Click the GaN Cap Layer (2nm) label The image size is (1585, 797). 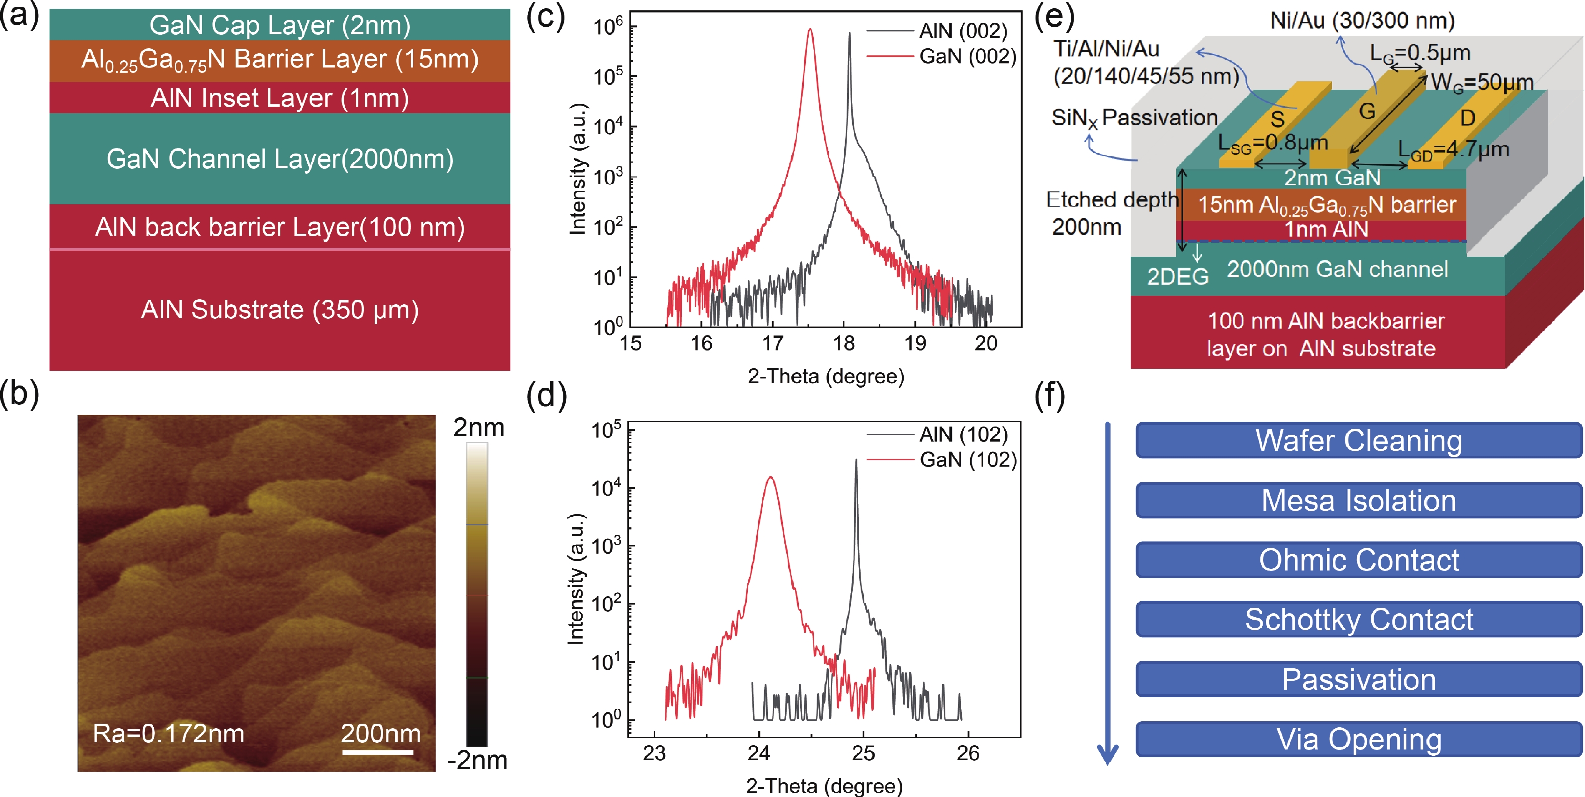pyautogui.click(x=280, y=25)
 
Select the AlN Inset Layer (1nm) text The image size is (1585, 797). pyautogui.click(x=280, y=98)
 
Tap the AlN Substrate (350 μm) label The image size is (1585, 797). pyautogui.click(x=280, y=309)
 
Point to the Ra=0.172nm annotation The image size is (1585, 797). pyautogui.click(x=168, y=733)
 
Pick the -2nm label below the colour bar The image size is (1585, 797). pyautogui.click(x=478, y=761)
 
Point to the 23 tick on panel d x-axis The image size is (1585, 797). pyautogui.click(x=654, y=753)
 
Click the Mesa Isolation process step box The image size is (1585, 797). pyautogui.click(x=1359, y=500)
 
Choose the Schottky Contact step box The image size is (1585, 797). pyautogui.click(x=1359, y=620)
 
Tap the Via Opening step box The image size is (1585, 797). pyautogui.click(x=1359, y=739)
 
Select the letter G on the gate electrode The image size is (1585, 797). pyautogui.click(x=1367, y=111)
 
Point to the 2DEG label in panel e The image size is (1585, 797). pyautogui.click(x=1177, y=277)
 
